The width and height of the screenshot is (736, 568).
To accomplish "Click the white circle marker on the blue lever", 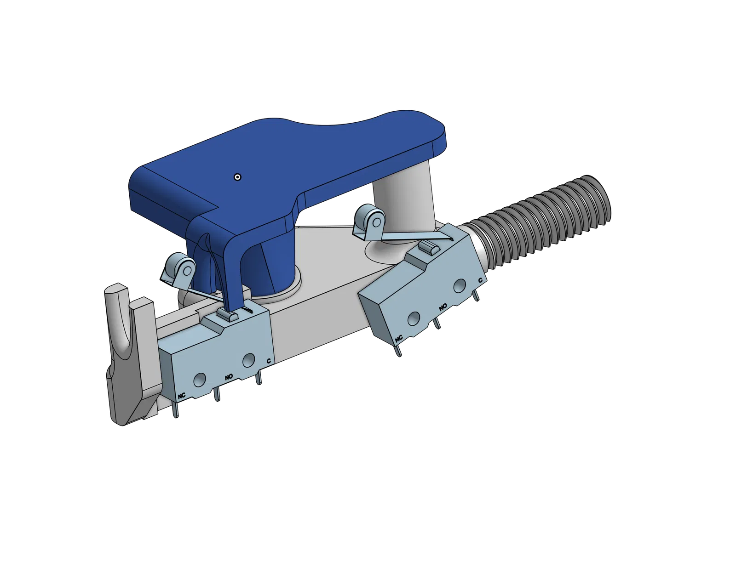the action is [x=238, y=177].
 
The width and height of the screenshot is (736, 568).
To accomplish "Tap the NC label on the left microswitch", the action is [x=182, y=395].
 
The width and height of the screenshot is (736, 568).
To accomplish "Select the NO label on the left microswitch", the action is [x=229, y=376].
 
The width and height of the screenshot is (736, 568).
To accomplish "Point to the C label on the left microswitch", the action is [x=269, y=361].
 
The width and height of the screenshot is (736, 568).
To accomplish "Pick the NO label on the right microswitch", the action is [x=443, y=307].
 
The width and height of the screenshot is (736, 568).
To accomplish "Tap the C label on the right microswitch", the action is [x=480, y=280].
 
